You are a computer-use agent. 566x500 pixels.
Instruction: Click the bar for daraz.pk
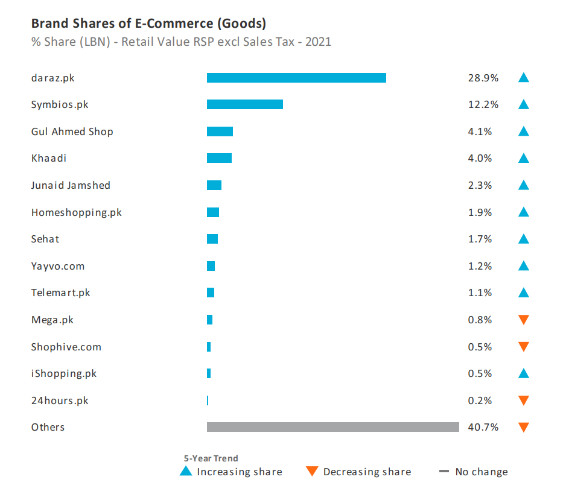coord(296,78)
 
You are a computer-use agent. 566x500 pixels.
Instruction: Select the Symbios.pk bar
coord(244,104)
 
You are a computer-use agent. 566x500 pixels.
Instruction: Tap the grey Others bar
coord(332,427)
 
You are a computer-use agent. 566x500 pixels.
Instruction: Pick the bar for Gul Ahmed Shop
coord(220,131)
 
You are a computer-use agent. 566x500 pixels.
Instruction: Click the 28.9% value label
coord(483,78)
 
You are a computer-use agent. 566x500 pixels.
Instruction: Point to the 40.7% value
coord(483,427)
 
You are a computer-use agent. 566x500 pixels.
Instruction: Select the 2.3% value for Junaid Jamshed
coord(480,185)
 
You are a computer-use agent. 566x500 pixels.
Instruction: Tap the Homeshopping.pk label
coord(76,212)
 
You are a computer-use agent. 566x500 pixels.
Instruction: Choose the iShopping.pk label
coord(64,373)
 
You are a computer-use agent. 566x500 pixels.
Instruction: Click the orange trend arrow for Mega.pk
coord(524,320)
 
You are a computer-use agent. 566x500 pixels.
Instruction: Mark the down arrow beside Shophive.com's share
coord(524,347)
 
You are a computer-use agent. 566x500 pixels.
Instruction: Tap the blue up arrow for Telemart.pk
coord(524,293)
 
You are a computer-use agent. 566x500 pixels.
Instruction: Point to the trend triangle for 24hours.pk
coord(524,400)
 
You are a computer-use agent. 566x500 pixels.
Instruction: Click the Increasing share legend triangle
coord(186,471)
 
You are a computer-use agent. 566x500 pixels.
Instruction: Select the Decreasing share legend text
coord(367,472)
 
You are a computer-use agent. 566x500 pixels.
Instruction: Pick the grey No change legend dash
coord(445,472)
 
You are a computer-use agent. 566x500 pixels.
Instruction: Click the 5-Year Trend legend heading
coord(211,458)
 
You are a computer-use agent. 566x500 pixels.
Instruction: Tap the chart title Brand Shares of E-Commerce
coord(148,24)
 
